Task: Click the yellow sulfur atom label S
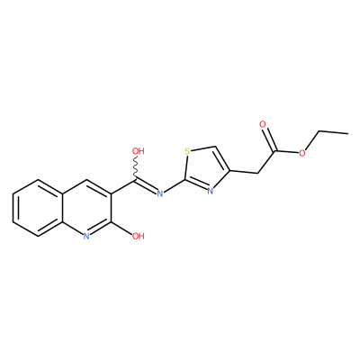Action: point(187,151)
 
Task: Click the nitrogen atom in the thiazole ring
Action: point(211,191)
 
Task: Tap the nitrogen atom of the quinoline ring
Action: point(86,236)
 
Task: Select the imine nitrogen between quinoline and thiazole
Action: point(160,193)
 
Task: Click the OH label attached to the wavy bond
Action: point(139,151)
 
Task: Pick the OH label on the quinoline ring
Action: point(139,236)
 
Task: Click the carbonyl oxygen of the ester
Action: point(263,124)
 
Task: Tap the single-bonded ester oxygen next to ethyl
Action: point(302,153)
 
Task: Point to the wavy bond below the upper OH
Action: point(136,168)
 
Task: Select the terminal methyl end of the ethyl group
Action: point(348,133)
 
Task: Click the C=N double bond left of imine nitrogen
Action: point(147,186)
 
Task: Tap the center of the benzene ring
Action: point(38,208)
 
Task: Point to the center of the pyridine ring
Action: point(87,208)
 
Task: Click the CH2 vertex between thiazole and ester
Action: point(257,174)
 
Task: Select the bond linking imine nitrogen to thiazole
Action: point(174,186)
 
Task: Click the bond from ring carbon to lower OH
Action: point(121,229)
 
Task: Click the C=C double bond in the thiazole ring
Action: point(222,159)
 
